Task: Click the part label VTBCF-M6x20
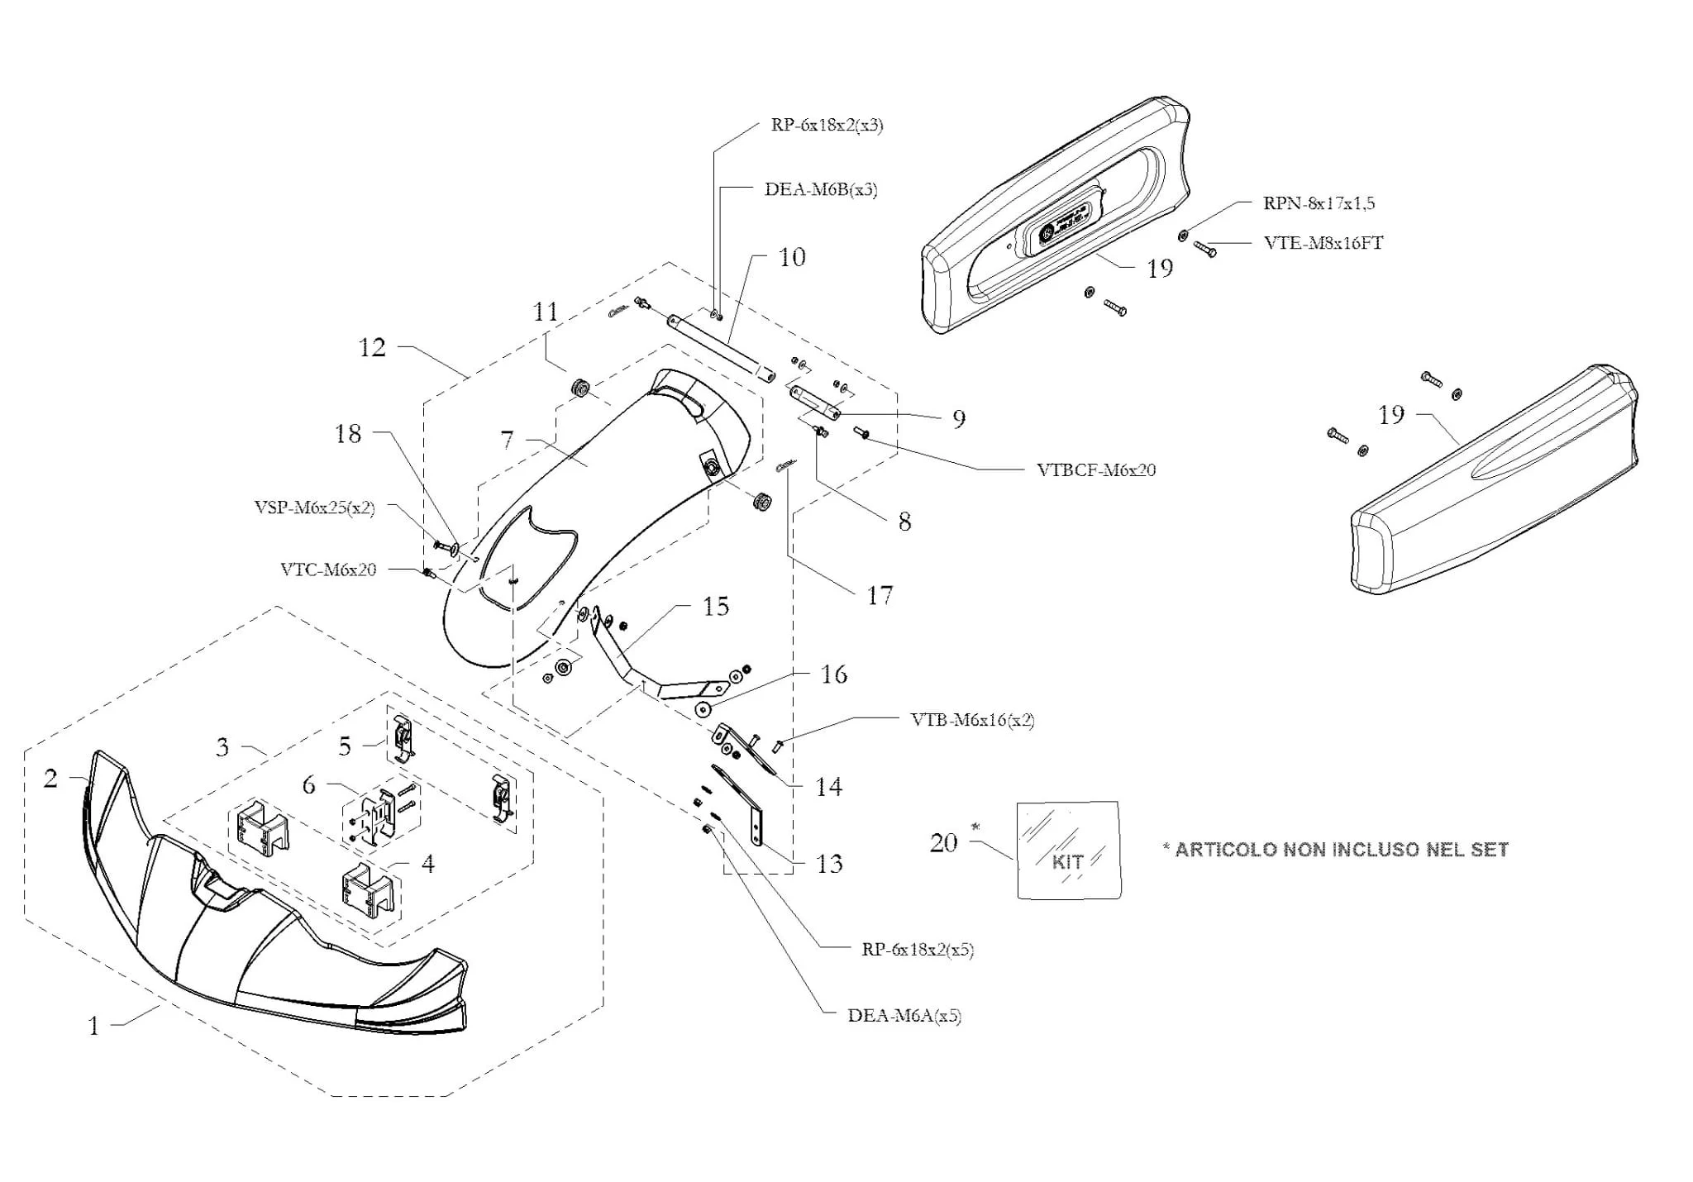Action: (x=1095, y=469)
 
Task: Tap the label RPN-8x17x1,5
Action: (x=1319, y=203)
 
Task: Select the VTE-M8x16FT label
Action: (x=1323, y=243)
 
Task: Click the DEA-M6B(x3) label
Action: (x=820, y=189)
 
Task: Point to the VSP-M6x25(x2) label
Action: (x=314, y=508)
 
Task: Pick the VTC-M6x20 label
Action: (x=328, y=570)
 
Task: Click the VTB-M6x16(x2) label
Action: (x=972, y=719)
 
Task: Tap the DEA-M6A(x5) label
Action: (x=904, y=1015)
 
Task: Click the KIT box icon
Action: (x=1068, y=850)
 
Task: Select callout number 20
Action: (x=943, y=842)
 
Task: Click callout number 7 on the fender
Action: (x=507, y=440)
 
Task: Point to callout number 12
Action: (x=372, y=347)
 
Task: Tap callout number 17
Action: (x=880, y=595)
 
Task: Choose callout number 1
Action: (x=93, y=1026)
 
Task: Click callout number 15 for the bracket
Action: (x=716, y=606)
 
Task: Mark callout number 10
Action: (x=792, y=257)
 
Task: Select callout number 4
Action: (x=427, y=863)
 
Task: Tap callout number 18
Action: (x=348, y=433)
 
